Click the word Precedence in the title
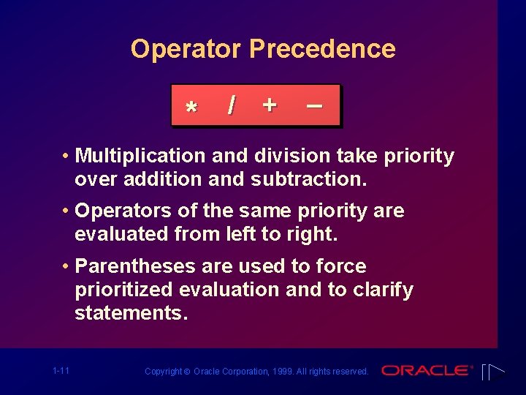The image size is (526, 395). pos(322,50)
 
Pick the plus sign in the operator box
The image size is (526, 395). pos(270,105)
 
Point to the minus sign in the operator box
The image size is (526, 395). pos(314,105)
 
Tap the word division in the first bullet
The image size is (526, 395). pos(295,156)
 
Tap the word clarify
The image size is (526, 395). pos(382,290)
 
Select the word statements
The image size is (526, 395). pos(131,313)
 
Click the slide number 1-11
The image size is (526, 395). pos(61,371)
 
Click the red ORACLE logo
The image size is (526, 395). pos(426,371)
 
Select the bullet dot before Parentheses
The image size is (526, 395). pos(66,266)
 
